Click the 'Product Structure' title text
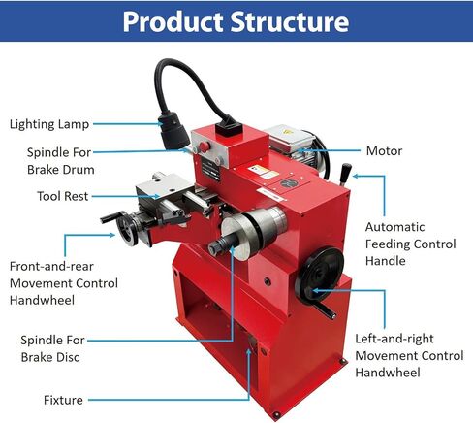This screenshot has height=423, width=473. (236, 21)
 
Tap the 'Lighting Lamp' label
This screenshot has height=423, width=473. (49, 124)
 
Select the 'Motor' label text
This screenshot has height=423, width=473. (384, 151)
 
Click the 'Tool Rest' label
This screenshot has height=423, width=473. (62, 196)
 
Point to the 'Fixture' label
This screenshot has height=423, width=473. (63, 400)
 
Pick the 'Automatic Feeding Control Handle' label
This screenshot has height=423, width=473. (410, 244)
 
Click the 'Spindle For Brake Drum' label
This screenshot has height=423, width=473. (60, 161)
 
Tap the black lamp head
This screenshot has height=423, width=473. (173, 131)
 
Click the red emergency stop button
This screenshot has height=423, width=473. (204, 146)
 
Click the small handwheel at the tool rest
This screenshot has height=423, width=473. (127, 228)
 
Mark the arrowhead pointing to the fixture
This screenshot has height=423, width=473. (248, 351)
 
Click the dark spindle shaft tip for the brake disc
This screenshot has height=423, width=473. (215, 248)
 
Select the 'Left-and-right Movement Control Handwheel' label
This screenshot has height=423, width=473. (409, 355)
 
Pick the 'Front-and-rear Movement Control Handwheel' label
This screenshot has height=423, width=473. (64, 283)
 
